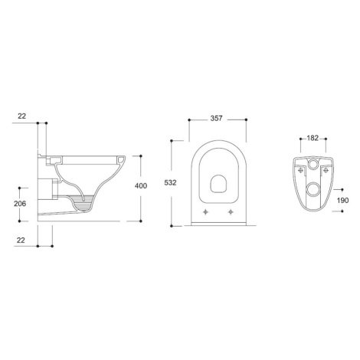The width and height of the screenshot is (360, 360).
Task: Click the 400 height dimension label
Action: [141, 186]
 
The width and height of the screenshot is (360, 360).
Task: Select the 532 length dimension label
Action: [170, 183]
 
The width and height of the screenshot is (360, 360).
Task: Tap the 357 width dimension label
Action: [216, 119]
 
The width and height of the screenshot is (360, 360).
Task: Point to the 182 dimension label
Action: [313, 138]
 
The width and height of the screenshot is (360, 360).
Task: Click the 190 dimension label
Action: [342, 201]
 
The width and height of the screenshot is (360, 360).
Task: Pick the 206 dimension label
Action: [20, 204]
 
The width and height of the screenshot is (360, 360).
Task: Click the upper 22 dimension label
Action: [22, 116]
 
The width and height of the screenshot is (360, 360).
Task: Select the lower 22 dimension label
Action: [21, 241]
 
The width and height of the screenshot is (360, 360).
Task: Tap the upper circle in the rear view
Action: [313, 163]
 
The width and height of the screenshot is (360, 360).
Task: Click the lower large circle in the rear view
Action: [313, 189]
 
